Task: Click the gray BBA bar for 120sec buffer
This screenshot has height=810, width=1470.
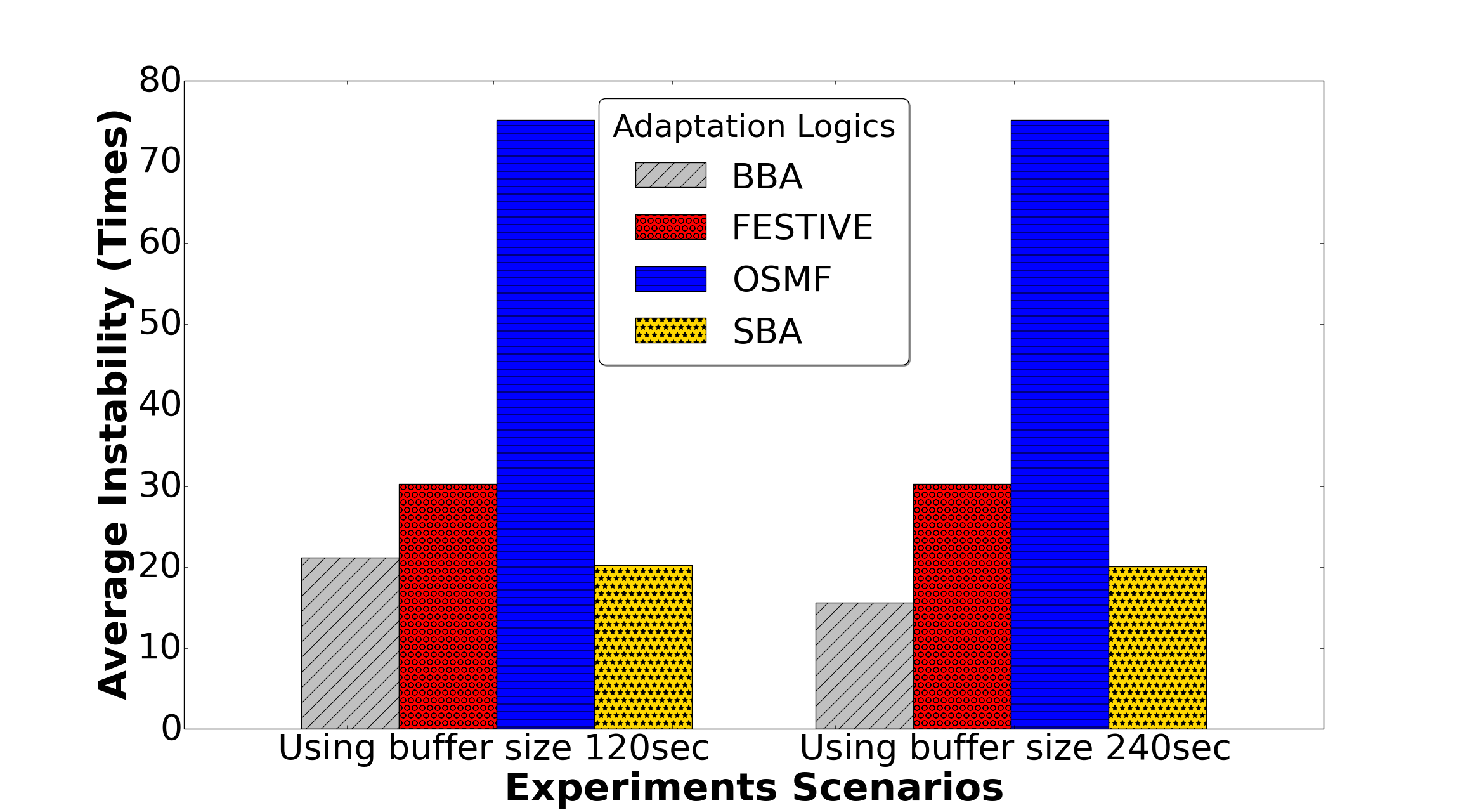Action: (350, 643)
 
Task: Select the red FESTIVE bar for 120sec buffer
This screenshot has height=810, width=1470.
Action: (448, 606)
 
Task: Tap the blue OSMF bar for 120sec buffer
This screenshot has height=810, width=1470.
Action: (546, 424)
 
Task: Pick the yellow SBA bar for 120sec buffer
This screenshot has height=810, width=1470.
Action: (644, 647)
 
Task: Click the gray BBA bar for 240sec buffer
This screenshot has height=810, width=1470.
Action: (864, 665)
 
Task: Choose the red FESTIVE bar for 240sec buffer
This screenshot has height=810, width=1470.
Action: (963, 606)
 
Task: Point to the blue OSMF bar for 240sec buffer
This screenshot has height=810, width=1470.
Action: (1060, 424)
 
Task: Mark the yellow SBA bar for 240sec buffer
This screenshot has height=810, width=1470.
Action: (1158, 648)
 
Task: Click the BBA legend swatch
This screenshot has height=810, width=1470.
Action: (671, 175)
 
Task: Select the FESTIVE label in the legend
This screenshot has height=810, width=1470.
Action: (802, 227)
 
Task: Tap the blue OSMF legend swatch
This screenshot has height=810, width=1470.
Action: (671, 279)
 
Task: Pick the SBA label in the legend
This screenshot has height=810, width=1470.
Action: (767, 331)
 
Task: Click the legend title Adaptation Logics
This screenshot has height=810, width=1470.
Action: (754, 126)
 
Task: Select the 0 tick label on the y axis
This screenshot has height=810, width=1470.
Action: (171, 728)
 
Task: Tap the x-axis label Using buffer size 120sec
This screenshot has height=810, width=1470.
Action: (493, 748)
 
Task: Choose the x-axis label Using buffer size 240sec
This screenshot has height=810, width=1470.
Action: (1015, 748)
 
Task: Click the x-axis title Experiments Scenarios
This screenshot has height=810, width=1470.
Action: (754, 788)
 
